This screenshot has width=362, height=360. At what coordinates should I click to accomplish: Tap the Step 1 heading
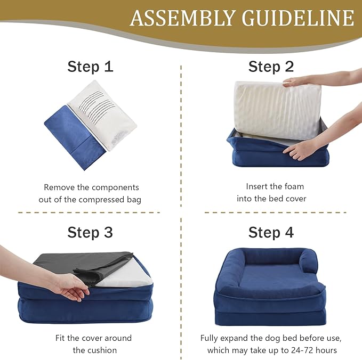coord(90,67)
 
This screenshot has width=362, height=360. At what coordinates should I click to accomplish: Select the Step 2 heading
coord(271,67)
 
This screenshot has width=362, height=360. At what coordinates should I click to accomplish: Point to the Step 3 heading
coord(90,233)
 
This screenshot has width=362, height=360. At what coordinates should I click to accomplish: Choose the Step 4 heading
coord(271,233)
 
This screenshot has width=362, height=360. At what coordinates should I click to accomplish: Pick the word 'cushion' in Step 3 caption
coord(101,350)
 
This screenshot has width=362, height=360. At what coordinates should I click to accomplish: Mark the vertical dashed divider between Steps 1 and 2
coord(181,133)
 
